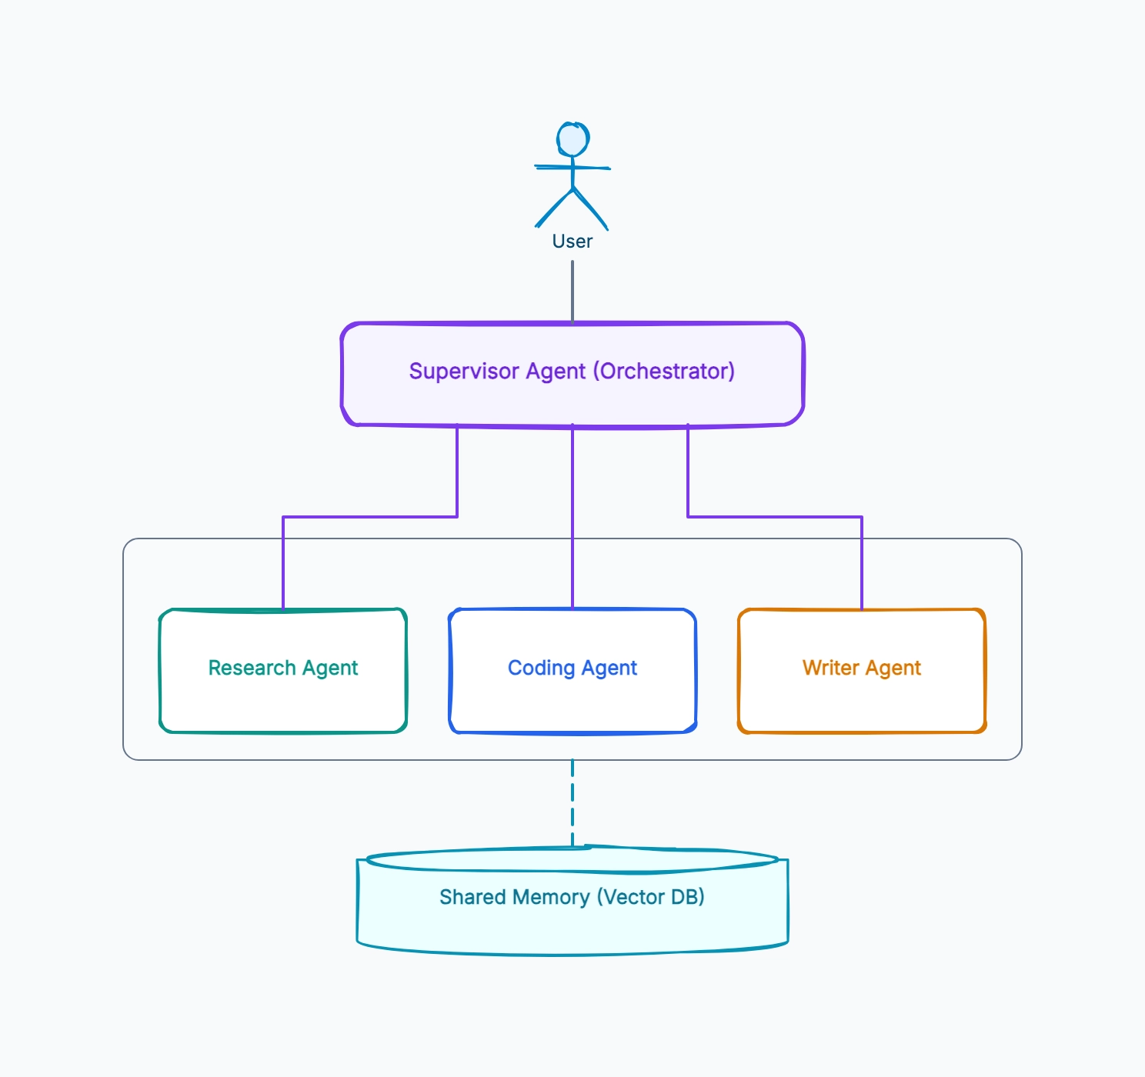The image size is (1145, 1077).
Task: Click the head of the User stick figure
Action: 572,139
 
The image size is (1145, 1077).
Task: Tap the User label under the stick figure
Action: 572,241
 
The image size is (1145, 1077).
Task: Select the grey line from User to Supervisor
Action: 572,292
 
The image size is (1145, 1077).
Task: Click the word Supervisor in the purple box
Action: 464,372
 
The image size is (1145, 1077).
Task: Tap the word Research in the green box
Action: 252,668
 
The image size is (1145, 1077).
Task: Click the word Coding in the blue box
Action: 542,668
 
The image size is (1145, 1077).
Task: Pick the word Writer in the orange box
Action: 831,668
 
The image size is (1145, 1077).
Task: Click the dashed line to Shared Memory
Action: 572,803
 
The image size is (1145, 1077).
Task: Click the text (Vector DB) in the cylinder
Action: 651,897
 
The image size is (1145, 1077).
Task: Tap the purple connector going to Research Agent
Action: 370,517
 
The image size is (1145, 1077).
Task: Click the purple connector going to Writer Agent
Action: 775,517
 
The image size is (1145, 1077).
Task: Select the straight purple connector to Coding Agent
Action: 572,517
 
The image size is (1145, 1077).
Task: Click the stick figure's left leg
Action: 553,208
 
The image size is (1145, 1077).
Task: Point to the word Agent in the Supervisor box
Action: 556,372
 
